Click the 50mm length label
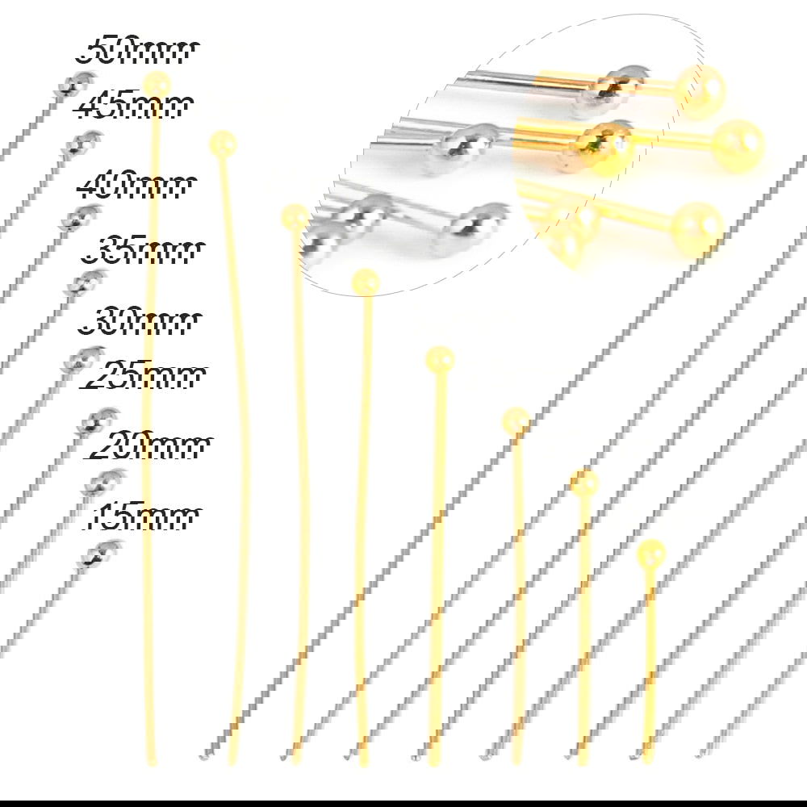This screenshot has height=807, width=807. pyautogui.click(x=136, y=50)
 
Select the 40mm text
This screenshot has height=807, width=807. pyautogui.click(x=137, y=186)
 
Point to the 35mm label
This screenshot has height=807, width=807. pyautogui.click(x=142, y=251)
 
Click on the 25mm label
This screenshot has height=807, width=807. pyautogui.click(x=144, y=374)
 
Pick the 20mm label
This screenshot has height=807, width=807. pyautogui.click(x=150, y=445)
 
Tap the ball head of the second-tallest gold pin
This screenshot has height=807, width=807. pyautogui.click(x=223, y=144)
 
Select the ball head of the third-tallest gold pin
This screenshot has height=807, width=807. pyautogui.click(x=295, y=217)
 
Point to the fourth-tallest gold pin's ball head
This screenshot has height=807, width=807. pyautogui.click(x=366, y=282)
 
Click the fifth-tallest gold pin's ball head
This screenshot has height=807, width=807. pyautogui.click(x=440, y=360)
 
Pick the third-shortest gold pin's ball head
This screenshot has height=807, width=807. pyautogui.click(x=516, y=421)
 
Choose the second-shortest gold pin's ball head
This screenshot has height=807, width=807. pyautogui.click(x=584, y=483)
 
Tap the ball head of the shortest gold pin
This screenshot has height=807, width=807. pyautogui.click(x=651, y=554)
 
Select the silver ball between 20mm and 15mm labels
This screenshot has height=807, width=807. pyautogui.click(x=103, y=483)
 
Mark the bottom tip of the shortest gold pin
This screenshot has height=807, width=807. pyautogui.click(x=648, y=763)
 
